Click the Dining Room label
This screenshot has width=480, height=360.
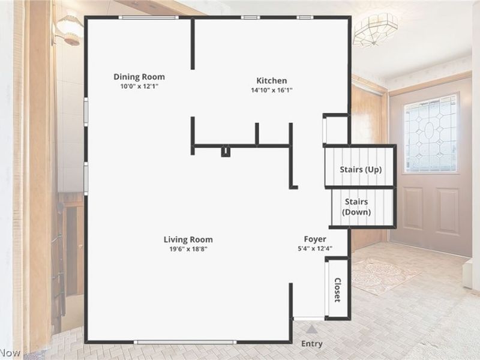click(x=139, y=77)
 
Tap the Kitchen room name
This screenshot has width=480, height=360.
click(x=272, y=81)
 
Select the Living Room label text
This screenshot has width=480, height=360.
click(x=188, y=239)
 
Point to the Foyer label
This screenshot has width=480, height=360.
click(x=315, y=239)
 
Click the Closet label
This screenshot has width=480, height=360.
click(x=337, y=289)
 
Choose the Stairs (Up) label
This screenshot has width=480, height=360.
click(x=361, y=170)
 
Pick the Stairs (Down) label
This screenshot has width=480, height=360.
click(x=356, y=207)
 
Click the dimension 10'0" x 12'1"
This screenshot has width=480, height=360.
click(x=139, y=86)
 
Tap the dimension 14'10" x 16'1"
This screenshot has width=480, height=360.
click(x=272, y=91)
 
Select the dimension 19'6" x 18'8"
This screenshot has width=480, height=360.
click(x=188, y=249)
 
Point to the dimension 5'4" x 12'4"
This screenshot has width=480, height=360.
click(x=315, y=248)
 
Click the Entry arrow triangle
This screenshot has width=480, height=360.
click(x=311, y=329)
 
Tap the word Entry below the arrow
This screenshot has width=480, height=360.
click(x=311, y=344)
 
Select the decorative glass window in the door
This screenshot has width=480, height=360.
click(x=430, y=133)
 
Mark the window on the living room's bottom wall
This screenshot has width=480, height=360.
click(x=185, y=342)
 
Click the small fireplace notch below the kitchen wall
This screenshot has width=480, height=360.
click(x=226, y=151)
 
